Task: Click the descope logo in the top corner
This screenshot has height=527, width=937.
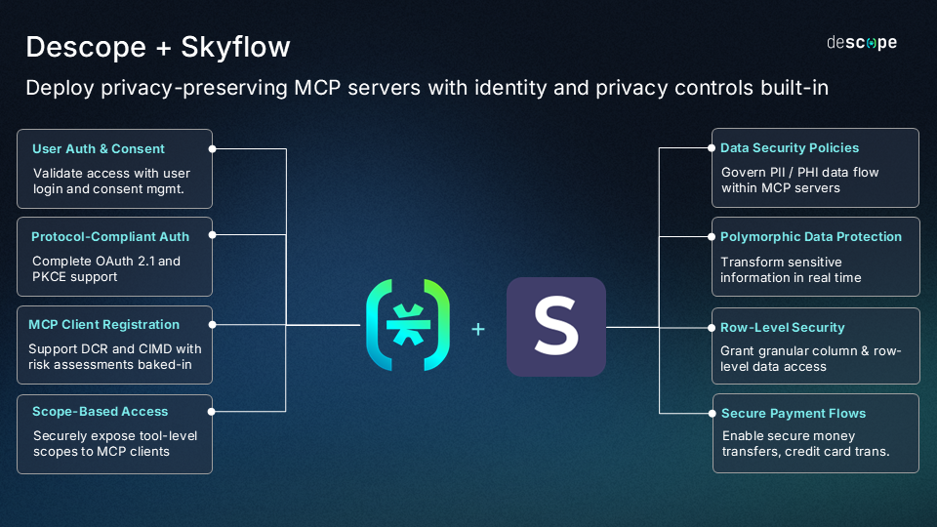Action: [x=862, y=42]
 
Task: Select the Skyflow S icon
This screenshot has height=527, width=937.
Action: [x=555, y=327]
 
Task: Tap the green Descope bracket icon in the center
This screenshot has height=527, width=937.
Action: [x=408, y=327]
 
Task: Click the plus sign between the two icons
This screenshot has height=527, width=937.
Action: [x=478, y=330]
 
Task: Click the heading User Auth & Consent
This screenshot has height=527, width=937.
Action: [x=99, y=149]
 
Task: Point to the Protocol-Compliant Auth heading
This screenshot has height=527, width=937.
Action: [x=110, y=236]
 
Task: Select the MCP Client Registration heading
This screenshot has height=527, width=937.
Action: [x=103, y=324]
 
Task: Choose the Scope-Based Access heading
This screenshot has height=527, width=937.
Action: [x=101, y=412]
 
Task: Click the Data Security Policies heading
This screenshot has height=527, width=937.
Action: [x=790, y=148]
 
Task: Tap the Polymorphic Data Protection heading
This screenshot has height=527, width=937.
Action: [x=811, y=237]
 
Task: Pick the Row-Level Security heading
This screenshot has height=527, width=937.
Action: [x=783, y=327]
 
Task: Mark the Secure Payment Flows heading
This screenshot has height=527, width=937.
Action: [x=794, y=414]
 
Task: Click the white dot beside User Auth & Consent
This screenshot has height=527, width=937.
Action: [x=213, y=149]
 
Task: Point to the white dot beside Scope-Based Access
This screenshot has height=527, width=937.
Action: [x=213, y=412]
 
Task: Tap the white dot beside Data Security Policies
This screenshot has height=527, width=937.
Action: [x=711, y=148]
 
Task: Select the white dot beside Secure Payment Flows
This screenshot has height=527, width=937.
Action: [x=711, y=413]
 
